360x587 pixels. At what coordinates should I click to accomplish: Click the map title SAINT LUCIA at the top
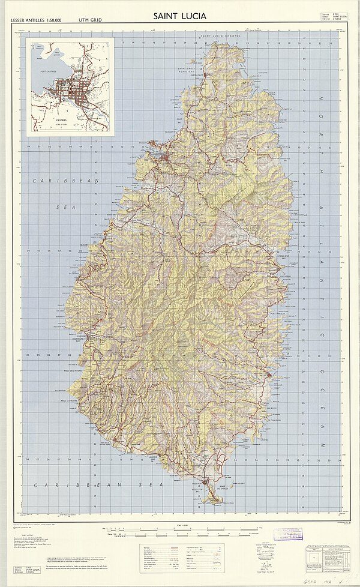point(179,16)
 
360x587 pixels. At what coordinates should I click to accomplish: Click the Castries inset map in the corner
point(70,85)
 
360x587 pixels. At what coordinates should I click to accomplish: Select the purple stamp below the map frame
point(288,535)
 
